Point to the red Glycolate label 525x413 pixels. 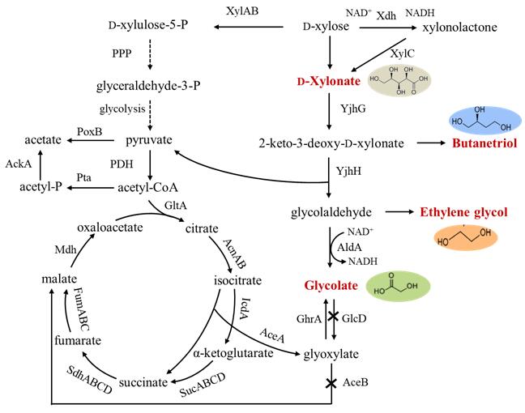click(x=330, y=286)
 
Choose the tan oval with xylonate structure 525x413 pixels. click(x=401, y=80)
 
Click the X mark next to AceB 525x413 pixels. click(x=328, y=382)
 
